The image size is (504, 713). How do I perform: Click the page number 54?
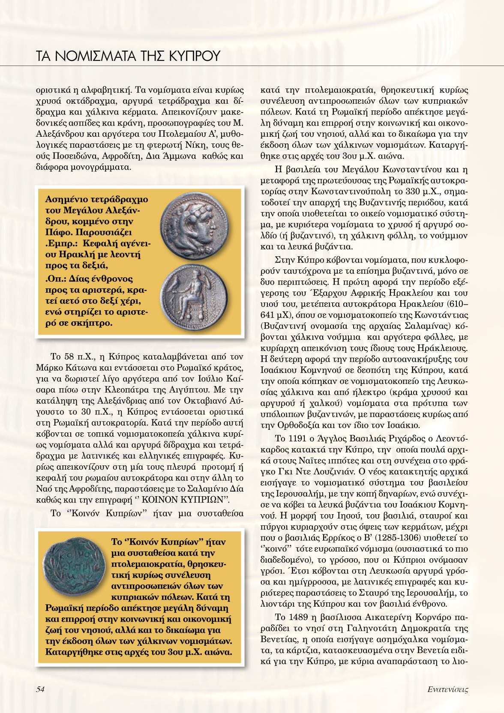point(40,689)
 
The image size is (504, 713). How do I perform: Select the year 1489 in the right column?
point(293,617)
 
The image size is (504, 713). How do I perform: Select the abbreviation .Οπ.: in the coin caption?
point(57,279)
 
